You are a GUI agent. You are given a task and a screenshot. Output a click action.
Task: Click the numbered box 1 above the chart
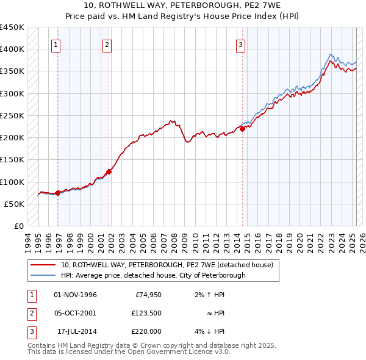tap(56, 44)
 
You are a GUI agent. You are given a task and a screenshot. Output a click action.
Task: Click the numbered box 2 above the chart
tap(107, 44)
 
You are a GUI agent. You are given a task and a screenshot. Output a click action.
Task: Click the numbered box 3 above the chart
tap(240, 44)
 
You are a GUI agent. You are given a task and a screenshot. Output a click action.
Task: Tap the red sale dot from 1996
tap(58, 193)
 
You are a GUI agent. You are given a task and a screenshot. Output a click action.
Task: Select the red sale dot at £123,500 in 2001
tap(109, 171)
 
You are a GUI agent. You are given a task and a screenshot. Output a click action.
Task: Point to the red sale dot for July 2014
tap(242, 129)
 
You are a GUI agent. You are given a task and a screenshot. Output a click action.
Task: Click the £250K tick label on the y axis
tap(12, 115)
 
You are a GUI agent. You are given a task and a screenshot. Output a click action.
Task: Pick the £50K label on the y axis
tap(15, 204)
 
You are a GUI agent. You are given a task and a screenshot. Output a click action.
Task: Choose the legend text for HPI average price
tap(152, 275)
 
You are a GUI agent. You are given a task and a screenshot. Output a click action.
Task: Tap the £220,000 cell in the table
tap(146, 331)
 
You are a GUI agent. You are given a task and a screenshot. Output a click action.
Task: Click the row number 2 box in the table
tap(30, 313)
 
